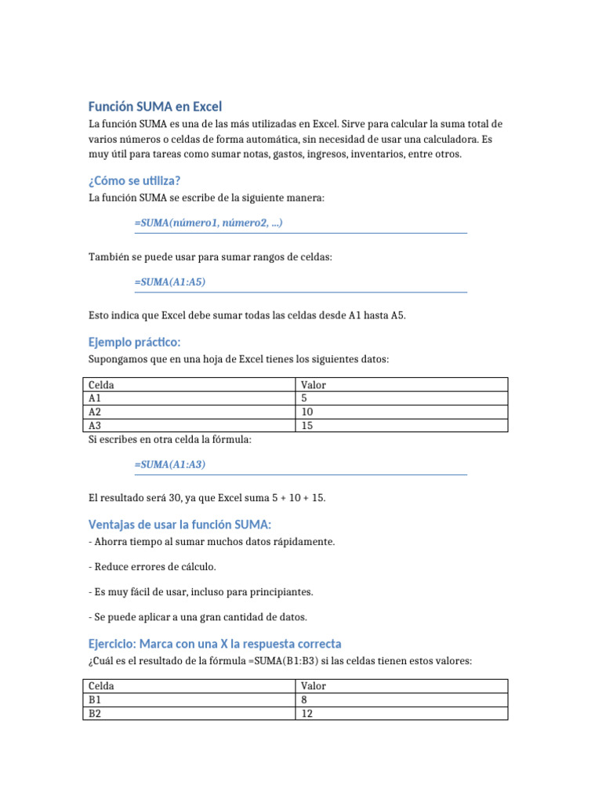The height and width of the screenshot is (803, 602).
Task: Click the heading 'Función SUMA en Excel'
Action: (154, 107)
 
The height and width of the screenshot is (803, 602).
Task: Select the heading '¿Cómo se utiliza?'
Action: (134, 180)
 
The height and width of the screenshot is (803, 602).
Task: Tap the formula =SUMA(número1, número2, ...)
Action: (209, 223)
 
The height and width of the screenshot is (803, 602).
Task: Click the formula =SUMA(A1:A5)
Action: (170, 282)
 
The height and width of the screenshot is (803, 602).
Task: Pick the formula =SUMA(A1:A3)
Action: (170, 464)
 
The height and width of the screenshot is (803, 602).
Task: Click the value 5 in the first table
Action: (304, 398)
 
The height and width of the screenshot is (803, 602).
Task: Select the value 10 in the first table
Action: (306, 412)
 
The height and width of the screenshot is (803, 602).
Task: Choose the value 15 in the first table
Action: (306, 425)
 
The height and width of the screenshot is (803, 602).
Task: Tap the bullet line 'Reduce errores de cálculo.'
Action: (153, 566)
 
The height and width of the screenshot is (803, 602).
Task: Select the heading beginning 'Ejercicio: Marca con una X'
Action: (215, 643)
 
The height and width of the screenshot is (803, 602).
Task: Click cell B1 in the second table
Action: (95, 699)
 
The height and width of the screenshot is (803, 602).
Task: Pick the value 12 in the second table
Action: (306, 713)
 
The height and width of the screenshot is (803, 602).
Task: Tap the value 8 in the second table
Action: (304, 699)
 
